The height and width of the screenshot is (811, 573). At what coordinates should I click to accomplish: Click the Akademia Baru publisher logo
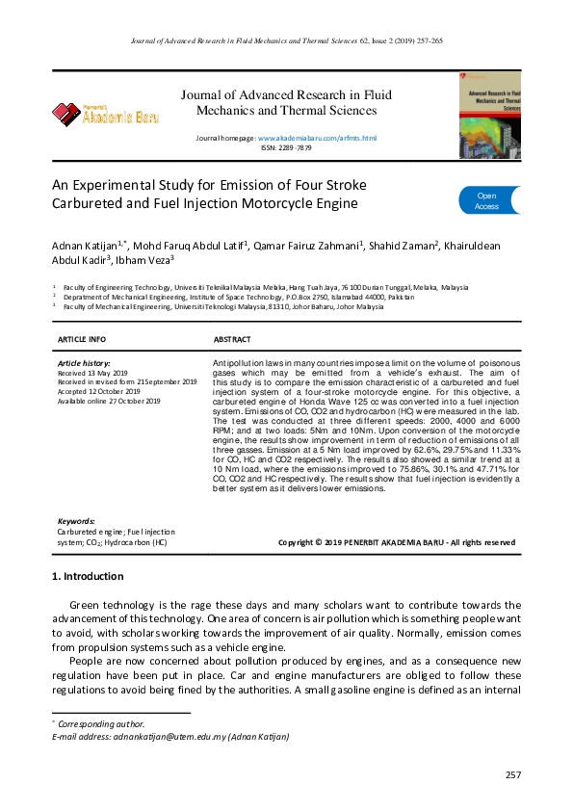click(x=106, y=115)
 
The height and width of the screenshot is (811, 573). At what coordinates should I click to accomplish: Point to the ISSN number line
click(x=286, y=149)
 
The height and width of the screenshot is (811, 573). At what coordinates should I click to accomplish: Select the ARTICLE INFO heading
click(x=82, y=340)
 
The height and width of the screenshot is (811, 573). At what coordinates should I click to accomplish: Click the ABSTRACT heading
click(x=231, y=340)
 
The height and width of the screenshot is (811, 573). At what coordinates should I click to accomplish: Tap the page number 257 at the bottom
click(x=512, y=775)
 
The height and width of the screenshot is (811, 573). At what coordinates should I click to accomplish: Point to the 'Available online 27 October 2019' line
click(x=109, y=401)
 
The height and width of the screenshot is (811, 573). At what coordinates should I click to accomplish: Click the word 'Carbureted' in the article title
click(x=94, y=203)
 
